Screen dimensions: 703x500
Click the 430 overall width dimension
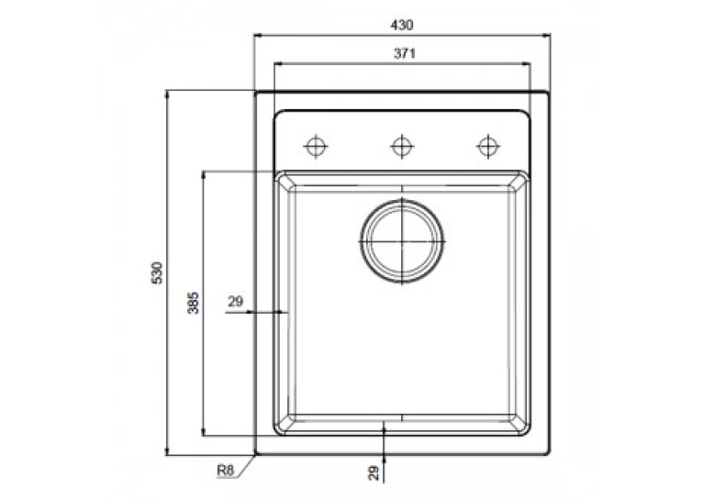[402, 25]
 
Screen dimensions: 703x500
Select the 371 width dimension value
[405, 53]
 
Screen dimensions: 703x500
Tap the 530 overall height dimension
[157, 272]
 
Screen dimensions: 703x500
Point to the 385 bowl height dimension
[193, 303]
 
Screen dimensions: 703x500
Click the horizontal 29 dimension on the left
[235, 302]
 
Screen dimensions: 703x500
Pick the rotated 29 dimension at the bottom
[374, 473]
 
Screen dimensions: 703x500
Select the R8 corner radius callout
[226, 471]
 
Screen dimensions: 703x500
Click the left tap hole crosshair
[316, 146]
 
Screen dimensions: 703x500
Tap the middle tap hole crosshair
[402, 146]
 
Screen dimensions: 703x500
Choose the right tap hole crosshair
[488, 146]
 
